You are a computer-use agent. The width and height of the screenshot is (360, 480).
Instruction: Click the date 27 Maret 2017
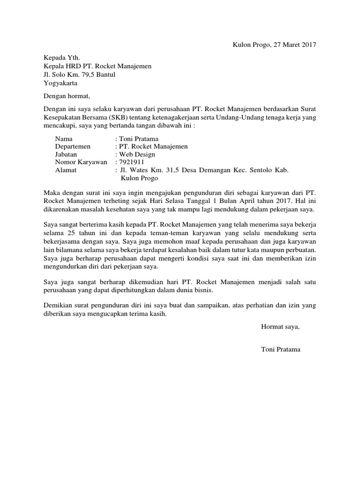point(293,45)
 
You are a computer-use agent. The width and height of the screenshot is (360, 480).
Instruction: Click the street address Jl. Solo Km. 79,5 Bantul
point(79,75)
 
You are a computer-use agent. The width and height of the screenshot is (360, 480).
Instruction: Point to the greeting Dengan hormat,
point(66,97)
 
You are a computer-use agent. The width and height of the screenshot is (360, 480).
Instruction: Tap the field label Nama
point(64,139)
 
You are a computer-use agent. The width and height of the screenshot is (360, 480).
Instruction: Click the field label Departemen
point(74,147)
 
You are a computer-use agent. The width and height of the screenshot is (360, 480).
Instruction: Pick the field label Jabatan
point(66,154)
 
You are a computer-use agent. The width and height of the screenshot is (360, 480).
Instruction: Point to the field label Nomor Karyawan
point(81,162)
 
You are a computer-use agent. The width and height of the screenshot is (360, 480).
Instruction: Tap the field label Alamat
point(66,170)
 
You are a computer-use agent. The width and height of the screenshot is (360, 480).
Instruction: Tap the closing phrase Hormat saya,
point(280,327)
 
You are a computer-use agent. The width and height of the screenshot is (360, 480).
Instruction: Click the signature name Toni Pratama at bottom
point(281,350)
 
